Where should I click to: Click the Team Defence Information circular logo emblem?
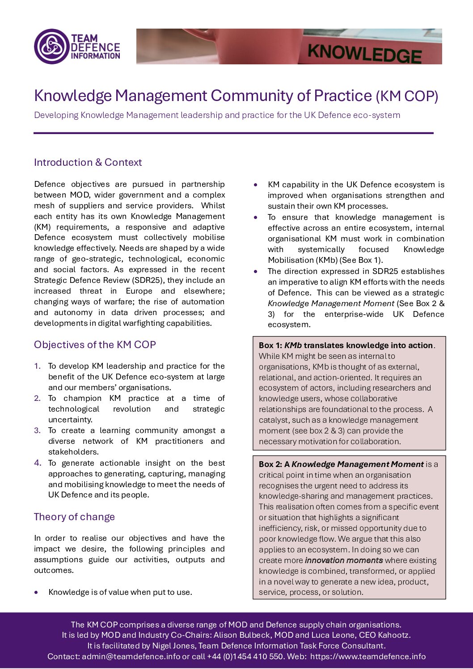[51, 46]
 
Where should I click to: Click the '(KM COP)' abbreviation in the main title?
[406, 97]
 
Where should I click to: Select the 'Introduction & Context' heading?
[88, 163]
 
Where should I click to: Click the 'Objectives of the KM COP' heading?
[95, 345]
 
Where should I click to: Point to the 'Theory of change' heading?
[74, 517]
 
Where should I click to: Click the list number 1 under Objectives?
[37, 366]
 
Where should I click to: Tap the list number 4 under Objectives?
[38, 463]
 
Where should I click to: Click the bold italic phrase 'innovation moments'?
[343, 560]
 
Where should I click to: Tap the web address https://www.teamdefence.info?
[367, 656]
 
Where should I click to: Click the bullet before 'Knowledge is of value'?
[36, 593]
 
